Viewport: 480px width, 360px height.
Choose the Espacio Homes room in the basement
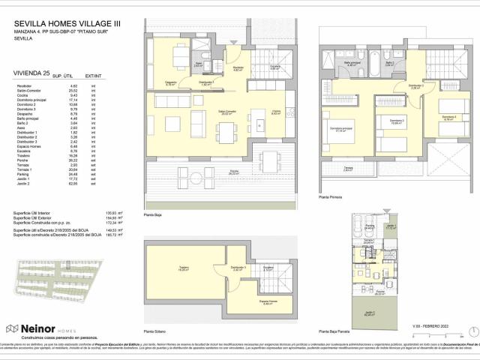click(x=268, y=301)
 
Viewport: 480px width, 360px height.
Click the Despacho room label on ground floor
click(x=170, y=84)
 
